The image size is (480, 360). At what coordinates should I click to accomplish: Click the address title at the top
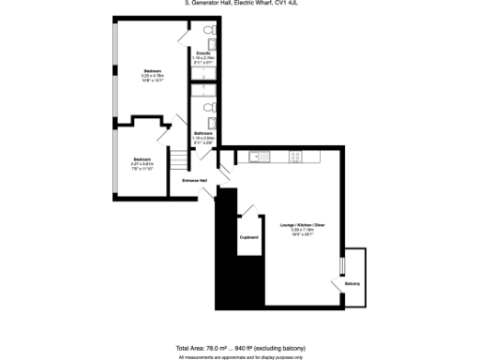(240, 3)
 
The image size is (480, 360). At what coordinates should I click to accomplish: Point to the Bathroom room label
(203, 133)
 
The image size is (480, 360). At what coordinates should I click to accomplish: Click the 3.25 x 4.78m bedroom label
(152, 71)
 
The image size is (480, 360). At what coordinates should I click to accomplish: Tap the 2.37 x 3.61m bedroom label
(141, 158)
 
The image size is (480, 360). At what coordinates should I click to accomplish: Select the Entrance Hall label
(195, 180)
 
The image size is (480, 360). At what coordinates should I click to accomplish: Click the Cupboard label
(249, 237)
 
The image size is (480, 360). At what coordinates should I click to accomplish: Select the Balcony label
(352, 282)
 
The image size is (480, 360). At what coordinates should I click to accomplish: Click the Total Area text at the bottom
(240, 349)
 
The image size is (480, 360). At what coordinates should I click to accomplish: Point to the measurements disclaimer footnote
(240, 356)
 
